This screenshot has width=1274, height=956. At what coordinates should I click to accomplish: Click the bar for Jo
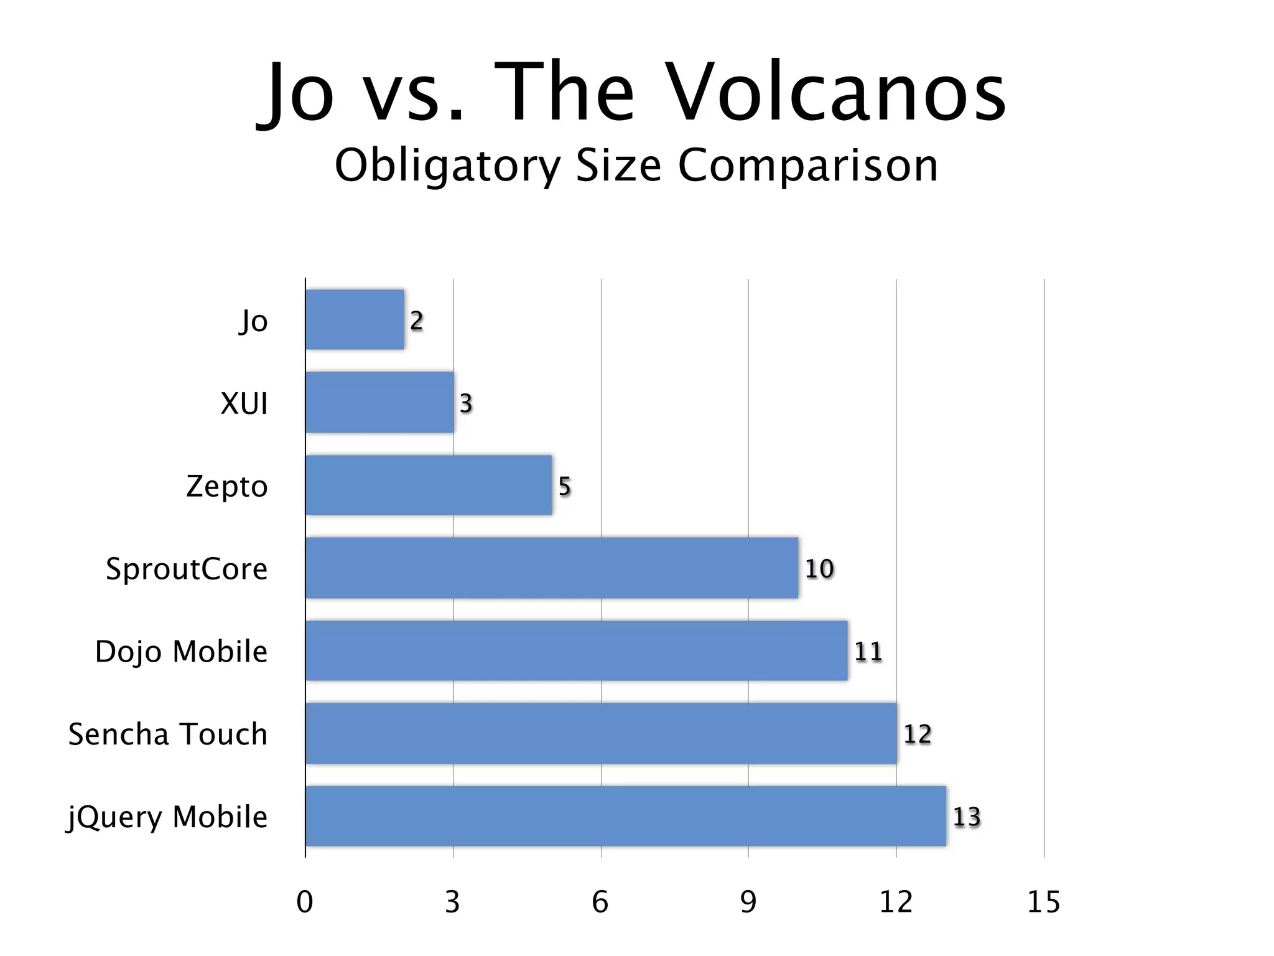click(x=355, y=319)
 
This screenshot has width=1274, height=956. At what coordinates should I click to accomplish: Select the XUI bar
click(x=379, y=402)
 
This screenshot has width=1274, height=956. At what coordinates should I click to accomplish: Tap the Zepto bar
click(x=429, y=485)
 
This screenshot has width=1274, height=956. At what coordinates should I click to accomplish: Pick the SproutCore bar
click(x=552, y=568)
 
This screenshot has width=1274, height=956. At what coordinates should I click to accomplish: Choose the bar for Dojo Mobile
click(x=577, y=650)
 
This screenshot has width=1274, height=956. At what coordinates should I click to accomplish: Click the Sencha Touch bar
click(x=601, y=733)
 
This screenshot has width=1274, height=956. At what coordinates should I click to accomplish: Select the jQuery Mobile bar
click(x=626, y=816)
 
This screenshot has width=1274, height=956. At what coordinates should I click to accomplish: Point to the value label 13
click(x=966, y=817)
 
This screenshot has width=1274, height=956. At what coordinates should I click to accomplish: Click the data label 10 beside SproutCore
click(x=819, y=568)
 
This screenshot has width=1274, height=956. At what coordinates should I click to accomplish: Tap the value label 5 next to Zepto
click(x=564, y=485)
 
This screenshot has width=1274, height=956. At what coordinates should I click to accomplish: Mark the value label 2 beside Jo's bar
click(x=416, y=320)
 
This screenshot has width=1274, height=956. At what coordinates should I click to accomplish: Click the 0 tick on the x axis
click(x=305, y=902)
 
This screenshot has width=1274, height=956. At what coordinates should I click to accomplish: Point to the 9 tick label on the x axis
click(x=748, y=902)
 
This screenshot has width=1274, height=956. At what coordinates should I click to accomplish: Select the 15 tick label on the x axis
click(x=1043, y=902)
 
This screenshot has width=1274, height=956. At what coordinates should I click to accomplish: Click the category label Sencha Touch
click(x=168, y=734)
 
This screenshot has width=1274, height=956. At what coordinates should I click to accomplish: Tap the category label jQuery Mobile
click(x=167, y=817)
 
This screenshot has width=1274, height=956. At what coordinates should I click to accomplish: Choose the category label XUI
click(x=244, y=403)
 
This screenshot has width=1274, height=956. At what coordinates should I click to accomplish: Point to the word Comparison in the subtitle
click(x=807, y=166)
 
